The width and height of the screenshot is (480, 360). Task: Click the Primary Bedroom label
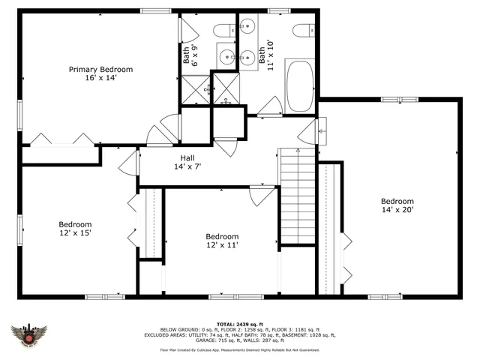tap(100, 73)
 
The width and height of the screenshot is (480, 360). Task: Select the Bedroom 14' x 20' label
tap(397, 205)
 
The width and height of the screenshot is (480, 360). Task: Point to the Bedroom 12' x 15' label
tap(75, 229)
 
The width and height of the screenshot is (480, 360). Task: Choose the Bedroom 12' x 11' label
tap(222, 240)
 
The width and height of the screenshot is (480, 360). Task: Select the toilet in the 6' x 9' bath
tap(223, 31)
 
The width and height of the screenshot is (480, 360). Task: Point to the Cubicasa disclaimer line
tap(239, 349)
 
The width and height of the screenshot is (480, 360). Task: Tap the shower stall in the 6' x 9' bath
tap(196, 88)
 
